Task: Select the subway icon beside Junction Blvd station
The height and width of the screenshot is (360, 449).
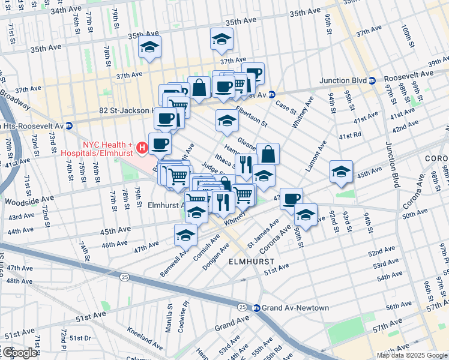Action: pos(372,80)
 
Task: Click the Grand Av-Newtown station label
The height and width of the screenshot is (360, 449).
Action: pos(295,308)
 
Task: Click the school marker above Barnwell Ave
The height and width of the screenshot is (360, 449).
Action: pos(185,235)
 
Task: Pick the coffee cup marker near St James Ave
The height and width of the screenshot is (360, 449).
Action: pos(291,199)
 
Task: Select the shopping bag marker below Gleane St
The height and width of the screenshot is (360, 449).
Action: pos(268,154)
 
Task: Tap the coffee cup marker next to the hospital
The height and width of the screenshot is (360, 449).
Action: pos(160,143)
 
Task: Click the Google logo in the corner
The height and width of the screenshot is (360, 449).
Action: pos(19,353)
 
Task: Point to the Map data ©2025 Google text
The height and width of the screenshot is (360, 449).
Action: pos(412,355)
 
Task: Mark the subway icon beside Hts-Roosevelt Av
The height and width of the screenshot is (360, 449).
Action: pos(70,126)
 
